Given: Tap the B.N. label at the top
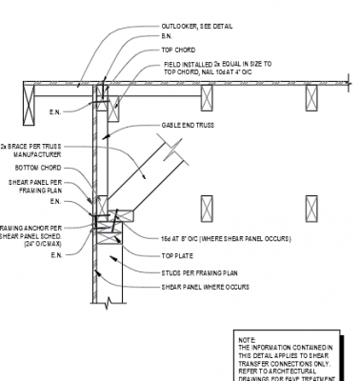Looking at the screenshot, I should (x=168, y=36).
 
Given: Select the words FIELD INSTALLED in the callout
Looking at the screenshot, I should (x=189, y=63).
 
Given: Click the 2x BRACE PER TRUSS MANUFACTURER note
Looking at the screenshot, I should (x=32, y=150).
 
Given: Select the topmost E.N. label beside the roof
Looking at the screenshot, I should (x=54, y=111).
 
